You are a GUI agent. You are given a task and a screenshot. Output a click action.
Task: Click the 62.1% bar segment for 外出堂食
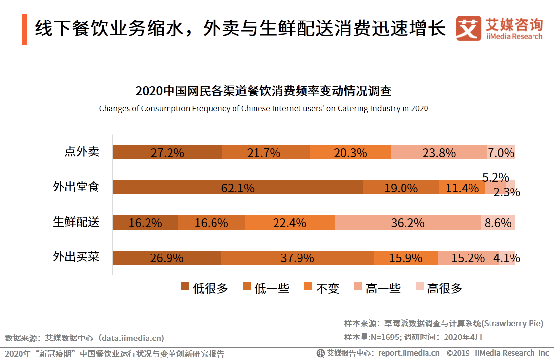[238, 188]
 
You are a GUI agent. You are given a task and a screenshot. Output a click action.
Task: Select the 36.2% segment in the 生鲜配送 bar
[407, 223]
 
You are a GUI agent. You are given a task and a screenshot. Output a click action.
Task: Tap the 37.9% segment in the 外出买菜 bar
[297, 258]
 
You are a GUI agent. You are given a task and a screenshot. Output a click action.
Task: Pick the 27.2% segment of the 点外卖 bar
[167, 152]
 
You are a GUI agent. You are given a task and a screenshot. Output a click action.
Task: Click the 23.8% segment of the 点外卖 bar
[439, 152]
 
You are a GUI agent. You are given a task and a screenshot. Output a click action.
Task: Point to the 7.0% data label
[501, 153]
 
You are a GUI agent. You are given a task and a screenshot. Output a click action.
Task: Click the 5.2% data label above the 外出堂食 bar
[495, 177]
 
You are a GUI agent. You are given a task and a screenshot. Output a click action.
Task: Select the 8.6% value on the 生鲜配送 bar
[498, 223]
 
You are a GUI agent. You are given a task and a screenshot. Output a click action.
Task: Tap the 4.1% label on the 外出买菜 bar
[507, 258]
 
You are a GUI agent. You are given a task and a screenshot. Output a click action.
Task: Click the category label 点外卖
[82, 152]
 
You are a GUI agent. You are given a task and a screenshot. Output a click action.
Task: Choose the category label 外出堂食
[76, 187]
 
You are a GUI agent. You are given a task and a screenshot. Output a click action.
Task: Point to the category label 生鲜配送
[76, 222]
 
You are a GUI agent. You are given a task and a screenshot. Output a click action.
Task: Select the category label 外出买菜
[76, 257]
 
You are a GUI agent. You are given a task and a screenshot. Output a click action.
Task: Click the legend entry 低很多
[205, 288]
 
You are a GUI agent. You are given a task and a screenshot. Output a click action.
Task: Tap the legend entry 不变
[321, 288]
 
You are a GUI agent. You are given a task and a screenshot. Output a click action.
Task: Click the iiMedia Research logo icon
[468, 29]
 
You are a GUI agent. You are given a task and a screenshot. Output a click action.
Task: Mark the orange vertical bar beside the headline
[24, 30]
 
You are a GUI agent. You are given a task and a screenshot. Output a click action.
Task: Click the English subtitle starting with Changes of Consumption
[263, 108]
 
